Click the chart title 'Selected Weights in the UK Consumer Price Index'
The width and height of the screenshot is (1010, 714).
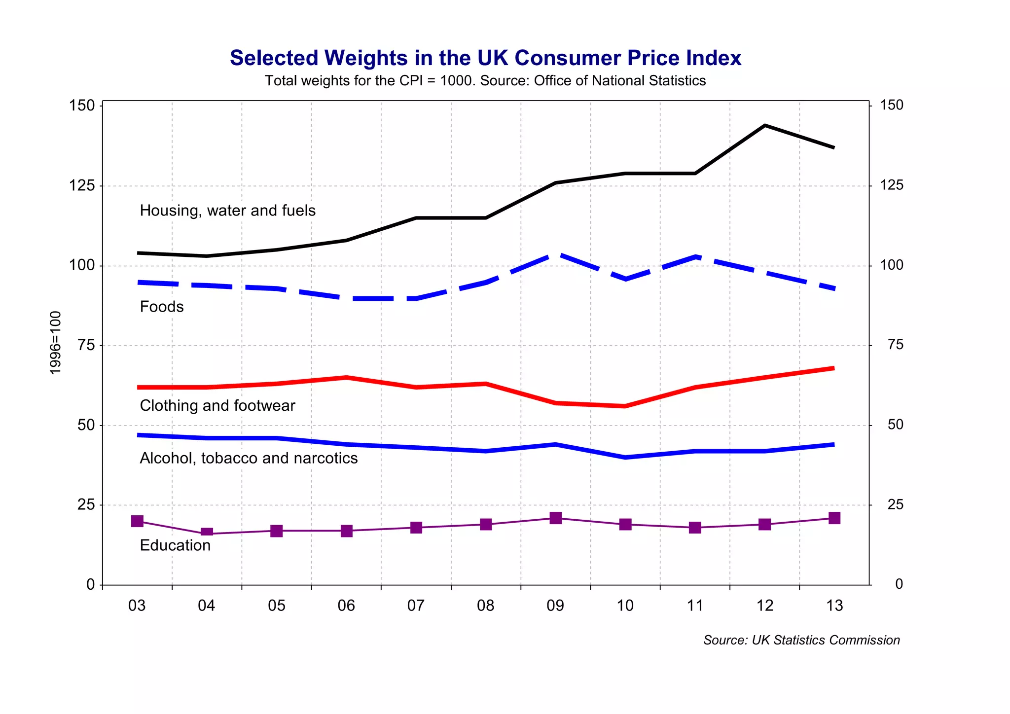coord(485,58)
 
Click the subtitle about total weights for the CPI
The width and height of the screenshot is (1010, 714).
coord(485,81)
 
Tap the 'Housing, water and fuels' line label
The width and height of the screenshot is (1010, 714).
coord(227,211)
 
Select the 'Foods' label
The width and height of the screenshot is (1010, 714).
coord(162,307)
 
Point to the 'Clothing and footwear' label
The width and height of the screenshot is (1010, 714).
coord(217,406)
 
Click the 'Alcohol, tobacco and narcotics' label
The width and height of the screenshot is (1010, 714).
coord(249,458)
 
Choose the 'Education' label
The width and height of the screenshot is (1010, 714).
coord(175,545)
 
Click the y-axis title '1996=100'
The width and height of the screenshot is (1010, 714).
coord(56,343)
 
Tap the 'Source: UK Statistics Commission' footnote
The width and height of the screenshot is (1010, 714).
coord(801,640)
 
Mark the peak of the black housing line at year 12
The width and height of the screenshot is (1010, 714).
coord(764,126)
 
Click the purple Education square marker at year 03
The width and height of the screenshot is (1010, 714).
coord(137,521)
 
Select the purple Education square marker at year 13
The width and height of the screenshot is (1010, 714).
coord(834,518)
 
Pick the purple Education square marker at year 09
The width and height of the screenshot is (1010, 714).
coord(556,518)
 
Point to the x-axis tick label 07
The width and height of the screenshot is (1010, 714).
coord(416,606)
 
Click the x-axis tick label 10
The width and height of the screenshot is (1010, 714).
coord(625,606)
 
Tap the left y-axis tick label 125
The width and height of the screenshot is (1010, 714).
coord(82,186)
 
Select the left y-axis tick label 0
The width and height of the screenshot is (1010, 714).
coord(90,584)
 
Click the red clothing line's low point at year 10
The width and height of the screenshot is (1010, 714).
coord(625,406)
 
